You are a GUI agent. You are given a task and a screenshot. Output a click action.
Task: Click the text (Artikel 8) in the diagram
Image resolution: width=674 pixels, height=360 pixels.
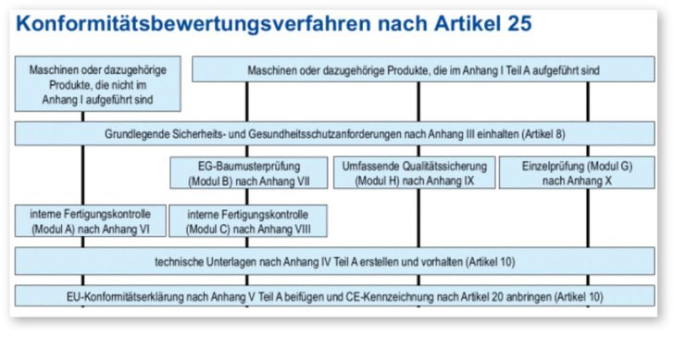541,134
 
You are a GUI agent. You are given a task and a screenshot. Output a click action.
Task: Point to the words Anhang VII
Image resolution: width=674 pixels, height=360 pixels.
287,180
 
